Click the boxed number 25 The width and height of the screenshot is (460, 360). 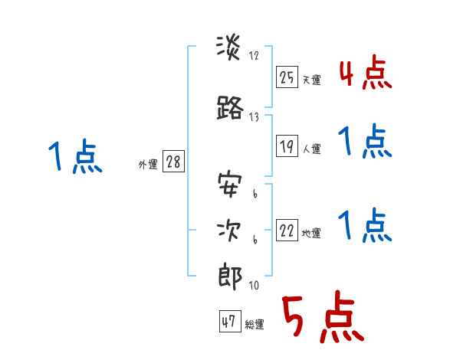[287, 78]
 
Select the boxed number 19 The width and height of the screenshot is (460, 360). [287, 147]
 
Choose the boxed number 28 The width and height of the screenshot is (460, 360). [172, 163]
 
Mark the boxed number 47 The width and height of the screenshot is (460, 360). [229, 322]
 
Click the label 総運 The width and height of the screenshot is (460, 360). [255, 325]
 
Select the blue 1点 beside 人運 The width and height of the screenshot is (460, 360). [365, 142]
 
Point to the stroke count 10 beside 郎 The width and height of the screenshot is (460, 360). [253, 286]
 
